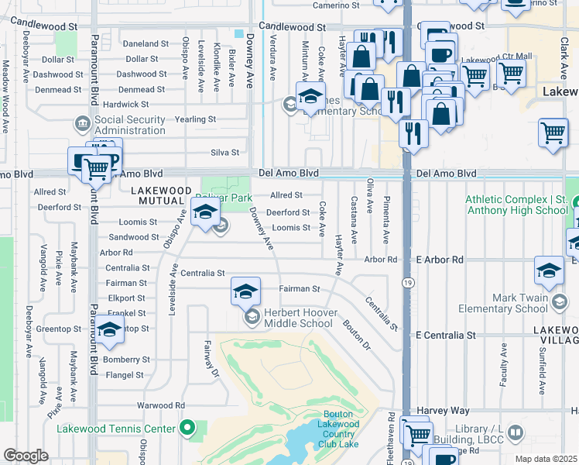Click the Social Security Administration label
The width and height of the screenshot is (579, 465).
click(x=131, y=125)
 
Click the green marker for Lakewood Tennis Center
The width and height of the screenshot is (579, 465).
click(x=186, y=428)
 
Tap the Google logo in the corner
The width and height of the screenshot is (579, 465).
click(x=26, y=456)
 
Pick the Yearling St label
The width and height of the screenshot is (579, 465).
click(x=195, y=119)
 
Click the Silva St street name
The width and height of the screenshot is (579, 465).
click(x=224, y=153)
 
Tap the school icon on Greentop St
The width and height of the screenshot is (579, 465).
click(x=110, y=330)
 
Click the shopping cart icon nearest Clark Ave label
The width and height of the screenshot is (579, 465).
click(x=553, y=133)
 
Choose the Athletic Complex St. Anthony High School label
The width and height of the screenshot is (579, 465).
click(x=516, y=205)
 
